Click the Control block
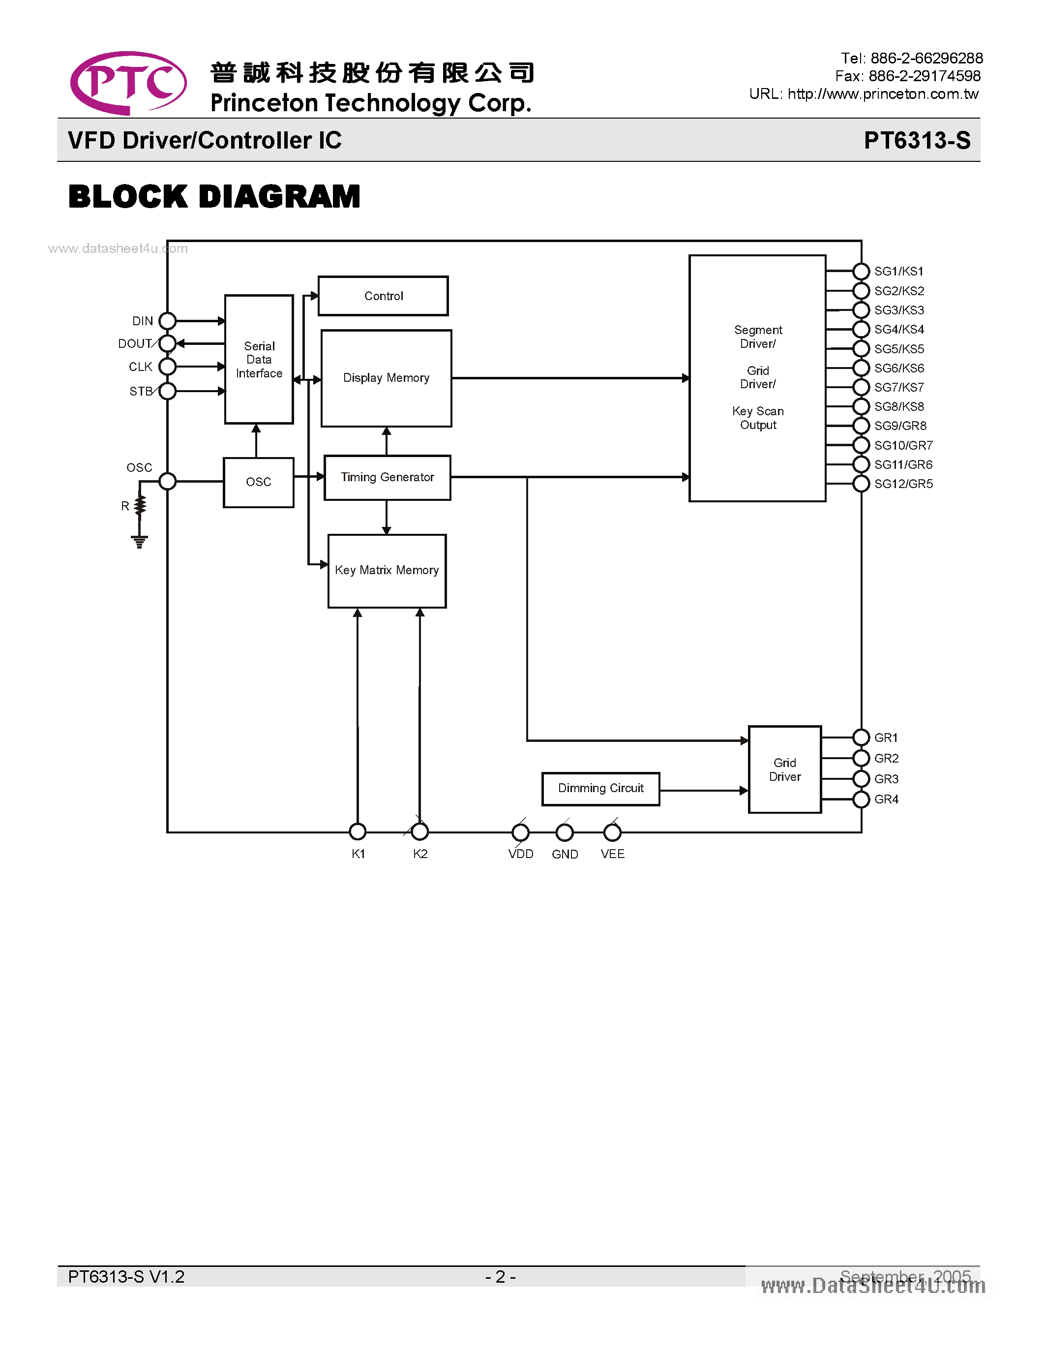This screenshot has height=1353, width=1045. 383,296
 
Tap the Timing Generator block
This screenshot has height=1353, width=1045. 388,478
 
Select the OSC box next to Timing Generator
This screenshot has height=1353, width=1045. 258,482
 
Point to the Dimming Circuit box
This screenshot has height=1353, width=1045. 600,789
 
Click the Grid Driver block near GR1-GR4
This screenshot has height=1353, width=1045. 784,769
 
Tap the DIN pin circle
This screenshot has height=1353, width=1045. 167,321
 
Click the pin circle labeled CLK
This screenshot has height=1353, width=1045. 167,367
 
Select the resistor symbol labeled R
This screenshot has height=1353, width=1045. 141,505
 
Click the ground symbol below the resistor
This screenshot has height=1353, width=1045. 139,542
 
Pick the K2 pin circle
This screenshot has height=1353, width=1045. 420,831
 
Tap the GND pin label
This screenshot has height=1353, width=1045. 565,854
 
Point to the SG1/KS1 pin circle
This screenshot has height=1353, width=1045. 861,272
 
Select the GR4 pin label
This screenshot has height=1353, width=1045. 886,799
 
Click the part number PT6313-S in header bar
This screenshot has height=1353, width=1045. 917,140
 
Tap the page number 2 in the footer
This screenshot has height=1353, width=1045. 500,1277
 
